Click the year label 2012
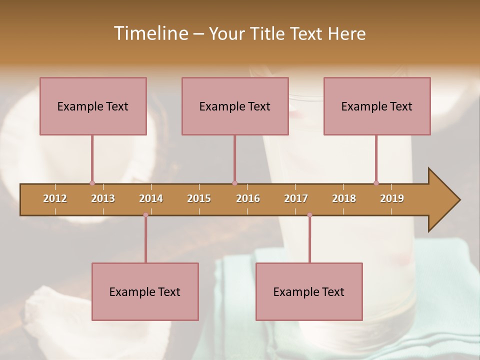click(x=55, y=198)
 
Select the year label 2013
click(x=103, y=198)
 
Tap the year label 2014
click(x=151, y=198)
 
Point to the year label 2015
click(x=199, y=198)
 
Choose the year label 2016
click(x=248, y=198)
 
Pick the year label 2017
click(x=296, y=198)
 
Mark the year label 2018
click(x=344, y=198)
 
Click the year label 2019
click(x=392, y=198)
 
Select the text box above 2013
click(x=93, y=106)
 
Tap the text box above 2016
click(x=235, y=106)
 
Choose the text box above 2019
click(x=377, y=106)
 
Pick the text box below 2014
click(x=145, y=291)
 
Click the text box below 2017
click(x=309, y=291)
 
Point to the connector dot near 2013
click(x=92, y=183)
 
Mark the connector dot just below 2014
click(x=145, y=215)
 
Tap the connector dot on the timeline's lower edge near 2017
click(x=309, y=215)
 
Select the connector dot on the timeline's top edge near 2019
click(x=376, y=183)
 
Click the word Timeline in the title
click(x=150, y=33)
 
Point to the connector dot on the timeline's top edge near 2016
click(x=234, y=183)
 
